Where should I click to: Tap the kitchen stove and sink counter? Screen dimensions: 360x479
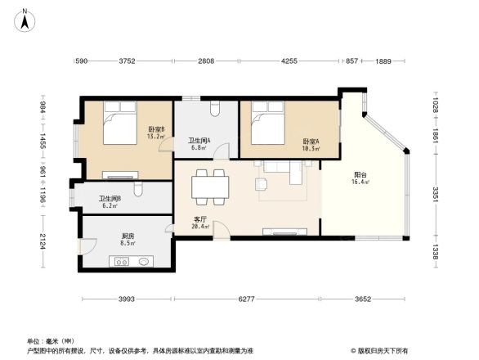(x=132, y=262)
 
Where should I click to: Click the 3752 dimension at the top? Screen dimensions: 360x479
(x=127, y=61)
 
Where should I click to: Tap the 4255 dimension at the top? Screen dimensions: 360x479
(x=289, y=61)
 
